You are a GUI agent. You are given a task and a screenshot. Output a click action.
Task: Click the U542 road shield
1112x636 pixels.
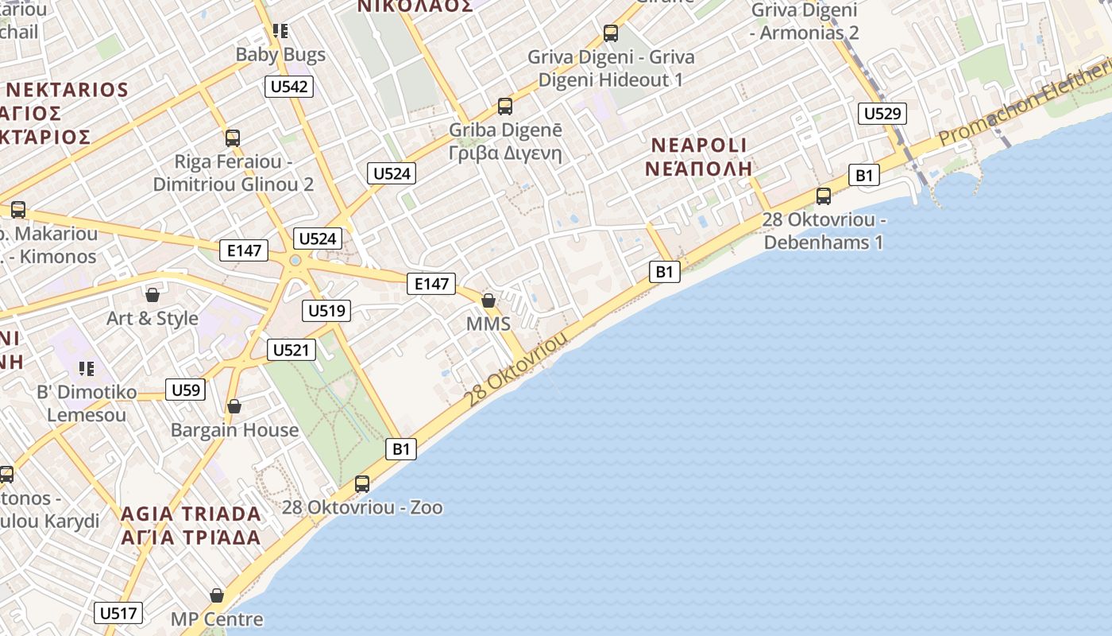click(289, 87)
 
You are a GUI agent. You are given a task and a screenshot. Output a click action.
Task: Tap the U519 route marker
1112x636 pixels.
click(326, 310)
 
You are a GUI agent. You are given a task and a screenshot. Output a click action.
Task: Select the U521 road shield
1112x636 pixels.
click(292, 350)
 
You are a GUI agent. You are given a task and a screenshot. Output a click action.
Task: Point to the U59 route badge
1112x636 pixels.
click(186, 390)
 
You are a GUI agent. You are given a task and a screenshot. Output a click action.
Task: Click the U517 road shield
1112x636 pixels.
click(119, 613)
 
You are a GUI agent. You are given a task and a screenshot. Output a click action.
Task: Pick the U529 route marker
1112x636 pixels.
click(882, 114)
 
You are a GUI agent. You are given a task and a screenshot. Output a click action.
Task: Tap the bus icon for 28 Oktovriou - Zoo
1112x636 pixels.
click(362, 483)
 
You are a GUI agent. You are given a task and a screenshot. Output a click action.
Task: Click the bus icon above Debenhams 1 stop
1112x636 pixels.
click(824, 196)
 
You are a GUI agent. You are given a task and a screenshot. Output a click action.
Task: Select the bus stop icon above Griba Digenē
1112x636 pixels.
click(505, 107)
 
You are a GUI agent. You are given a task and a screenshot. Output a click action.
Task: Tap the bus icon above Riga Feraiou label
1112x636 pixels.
click(233, 138)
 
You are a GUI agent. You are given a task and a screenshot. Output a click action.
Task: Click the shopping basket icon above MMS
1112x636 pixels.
click(488, 301)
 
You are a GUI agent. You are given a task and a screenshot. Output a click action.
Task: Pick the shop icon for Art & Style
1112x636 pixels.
click(153, 295)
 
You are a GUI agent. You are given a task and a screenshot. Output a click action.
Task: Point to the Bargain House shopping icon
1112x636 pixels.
click(234, 406)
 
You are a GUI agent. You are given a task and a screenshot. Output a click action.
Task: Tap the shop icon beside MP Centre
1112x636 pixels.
click(217, 595)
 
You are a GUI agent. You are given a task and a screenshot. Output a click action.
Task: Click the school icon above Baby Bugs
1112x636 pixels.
click(280, 31)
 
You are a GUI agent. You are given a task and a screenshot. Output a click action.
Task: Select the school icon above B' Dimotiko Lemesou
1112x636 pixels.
click(86, 369)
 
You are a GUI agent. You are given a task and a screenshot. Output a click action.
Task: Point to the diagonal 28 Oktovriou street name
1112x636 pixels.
click(518, 368)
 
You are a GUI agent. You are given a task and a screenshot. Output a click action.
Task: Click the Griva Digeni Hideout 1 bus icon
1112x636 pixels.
click(611, 33)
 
